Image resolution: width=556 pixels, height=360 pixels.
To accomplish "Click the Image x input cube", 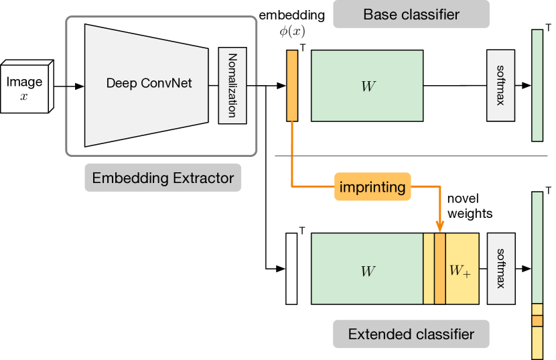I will pos(26,88).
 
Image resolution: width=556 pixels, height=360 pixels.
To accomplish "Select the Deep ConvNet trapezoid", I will pos(149,84).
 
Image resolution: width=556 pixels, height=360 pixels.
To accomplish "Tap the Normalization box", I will pos(232,86).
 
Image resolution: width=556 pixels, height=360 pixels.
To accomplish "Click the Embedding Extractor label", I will pos(163,178).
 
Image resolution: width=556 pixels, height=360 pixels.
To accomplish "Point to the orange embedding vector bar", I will pos(292,86).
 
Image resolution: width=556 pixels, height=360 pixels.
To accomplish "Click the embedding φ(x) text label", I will pos(291,23).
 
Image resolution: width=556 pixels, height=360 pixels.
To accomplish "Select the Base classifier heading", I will pos(411,14).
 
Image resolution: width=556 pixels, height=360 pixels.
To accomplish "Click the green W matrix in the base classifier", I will pos(367,86).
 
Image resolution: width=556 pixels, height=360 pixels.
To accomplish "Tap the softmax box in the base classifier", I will pos(500,86).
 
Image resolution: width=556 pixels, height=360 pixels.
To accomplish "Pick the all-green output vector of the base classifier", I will pos(537,86).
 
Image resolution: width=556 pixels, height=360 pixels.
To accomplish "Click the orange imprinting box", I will pos(372,187).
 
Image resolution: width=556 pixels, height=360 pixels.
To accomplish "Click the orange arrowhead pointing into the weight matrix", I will pos(439,227).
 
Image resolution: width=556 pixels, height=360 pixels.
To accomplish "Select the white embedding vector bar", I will pos(291,268).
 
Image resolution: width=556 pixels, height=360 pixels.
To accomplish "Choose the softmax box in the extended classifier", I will pos(500,269).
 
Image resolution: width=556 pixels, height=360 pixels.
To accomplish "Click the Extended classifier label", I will pos(411,334).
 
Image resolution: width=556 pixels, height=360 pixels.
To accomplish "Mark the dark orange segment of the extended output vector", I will pos(537,321).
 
